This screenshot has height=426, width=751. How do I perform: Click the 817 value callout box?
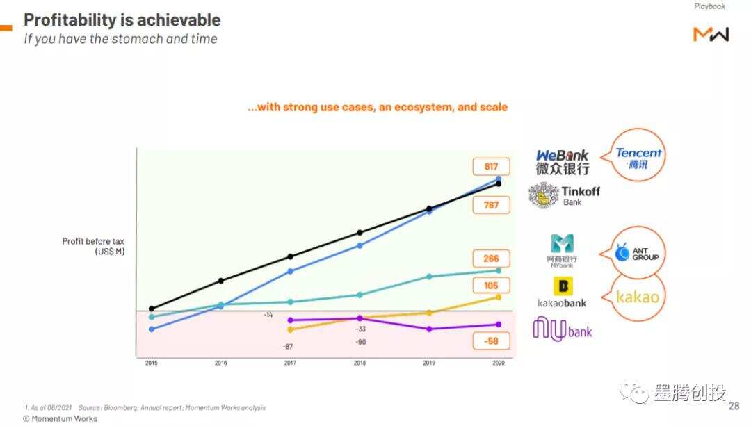[492, 167]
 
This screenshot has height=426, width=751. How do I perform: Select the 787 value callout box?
[492, 205]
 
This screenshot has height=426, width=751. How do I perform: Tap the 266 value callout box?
[492, 259]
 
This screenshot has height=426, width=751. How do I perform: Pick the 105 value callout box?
[492, 286]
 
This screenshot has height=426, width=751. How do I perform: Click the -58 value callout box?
[492, 341]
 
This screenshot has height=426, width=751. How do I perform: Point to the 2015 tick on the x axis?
[152, 363]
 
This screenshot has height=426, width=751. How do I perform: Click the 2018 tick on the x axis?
[360, 363]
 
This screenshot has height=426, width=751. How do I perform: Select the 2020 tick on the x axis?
[499, 363]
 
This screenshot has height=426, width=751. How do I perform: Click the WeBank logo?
[563, 162]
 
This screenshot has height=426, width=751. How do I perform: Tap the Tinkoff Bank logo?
[564, 195]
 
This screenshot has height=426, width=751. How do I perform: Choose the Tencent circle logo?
[638, 155]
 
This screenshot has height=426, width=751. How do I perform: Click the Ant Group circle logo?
[637, 254]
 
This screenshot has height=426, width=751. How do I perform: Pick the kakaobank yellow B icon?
[563, 286]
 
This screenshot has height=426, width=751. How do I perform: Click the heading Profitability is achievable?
[122, 19]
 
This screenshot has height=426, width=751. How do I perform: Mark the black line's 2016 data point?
[221, 281]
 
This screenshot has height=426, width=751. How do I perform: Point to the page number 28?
[734, 407]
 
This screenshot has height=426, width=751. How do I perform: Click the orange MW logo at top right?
[711, 33]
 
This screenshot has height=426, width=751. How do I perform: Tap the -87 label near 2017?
[288, 346]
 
